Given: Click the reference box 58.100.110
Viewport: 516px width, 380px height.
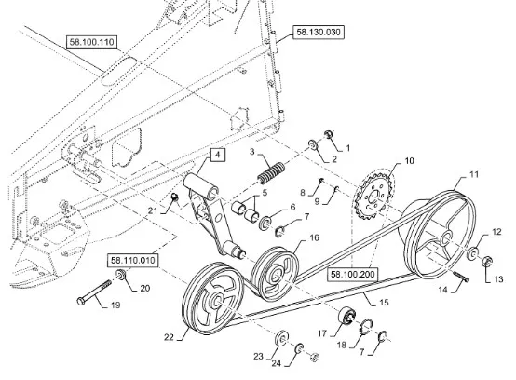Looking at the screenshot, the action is (x=92, y=42).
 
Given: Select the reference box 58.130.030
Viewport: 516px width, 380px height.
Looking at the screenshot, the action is (x=319, y=33).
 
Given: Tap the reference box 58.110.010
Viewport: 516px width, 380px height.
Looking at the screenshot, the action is (x=133, y=261).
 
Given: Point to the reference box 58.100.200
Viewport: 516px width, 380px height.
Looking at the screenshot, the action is (x=353, y=275).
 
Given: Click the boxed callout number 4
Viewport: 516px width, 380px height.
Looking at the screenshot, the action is (x=218, y=155).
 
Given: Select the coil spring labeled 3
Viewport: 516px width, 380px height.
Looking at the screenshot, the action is (x=271, y=173).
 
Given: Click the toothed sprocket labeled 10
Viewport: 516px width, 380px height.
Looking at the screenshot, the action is (x=373, y=197).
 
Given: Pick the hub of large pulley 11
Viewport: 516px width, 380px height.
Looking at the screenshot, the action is (x=446, y=238).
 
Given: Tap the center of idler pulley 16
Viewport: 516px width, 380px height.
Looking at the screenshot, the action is (x=275, y=274).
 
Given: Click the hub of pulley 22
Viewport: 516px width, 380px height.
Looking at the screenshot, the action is (x=217, y=301).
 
